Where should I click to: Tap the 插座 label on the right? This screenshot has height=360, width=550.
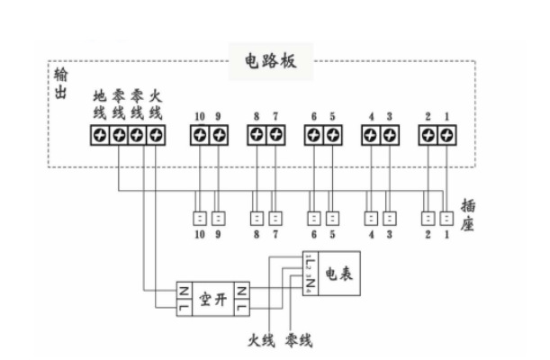tap(467, 215)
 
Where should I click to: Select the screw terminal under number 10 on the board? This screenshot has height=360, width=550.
tap(199, 135)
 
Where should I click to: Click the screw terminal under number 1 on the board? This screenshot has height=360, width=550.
tap(447, 135)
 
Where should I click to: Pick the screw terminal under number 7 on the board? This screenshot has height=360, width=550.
tap(275, 135)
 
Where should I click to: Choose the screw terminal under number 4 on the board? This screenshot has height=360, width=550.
tap(371, 135)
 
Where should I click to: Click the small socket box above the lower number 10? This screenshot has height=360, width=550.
tap(199, 218)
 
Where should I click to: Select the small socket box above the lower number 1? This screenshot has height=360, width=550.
tap(447, 218)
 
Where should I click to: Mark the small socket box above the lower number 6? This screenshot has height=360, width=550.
tap(314, 218)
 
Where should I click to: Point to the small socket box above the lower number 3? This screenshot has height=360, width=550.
tap(390, 218)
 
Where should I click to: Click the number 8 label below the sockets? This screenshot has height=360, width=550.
tap(257, 235)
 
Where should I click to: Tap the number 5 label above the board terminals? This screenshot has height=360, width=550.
tap(332, 116)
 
